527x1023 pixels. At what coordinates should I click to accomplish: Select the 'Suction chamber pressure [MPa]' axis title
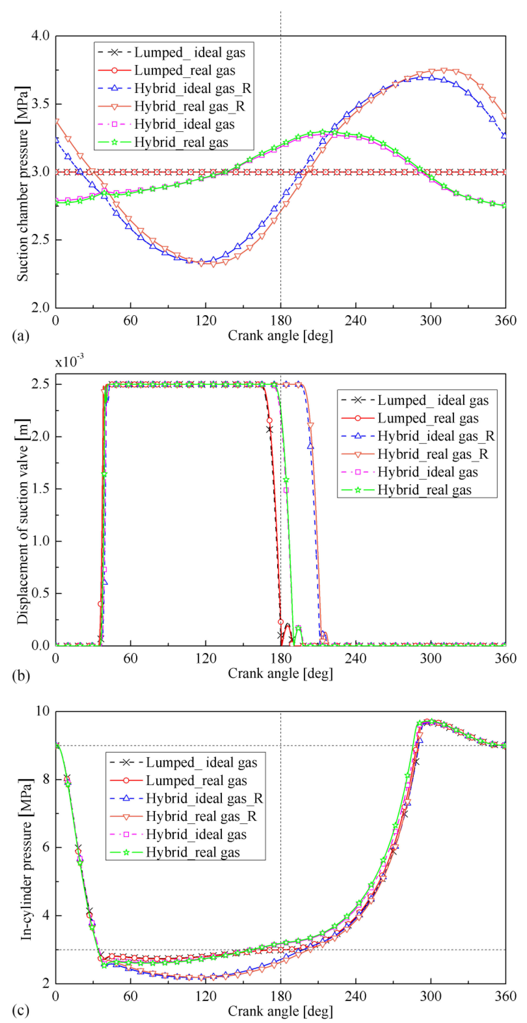point(23,183)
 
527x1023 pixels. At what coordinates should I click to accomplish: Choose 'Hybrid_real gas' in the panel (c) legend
point(193,852)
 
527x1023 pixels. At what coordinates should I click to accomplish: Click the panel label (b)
point(21,675)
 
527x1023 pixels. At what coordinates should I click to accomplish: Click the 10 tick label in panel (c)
point(42,711)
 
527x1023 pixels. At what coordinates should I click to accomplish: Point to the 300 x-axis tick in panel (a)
point(430,320)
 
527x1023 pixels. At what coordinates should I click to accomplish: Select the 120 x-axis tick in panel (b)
point(205,658)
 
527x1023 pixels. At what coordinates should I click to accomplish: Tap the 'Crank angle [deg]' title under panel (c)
point(280,1011)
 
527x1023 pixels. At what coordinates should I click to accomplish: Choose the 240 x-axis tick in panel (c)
point(355,996)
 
